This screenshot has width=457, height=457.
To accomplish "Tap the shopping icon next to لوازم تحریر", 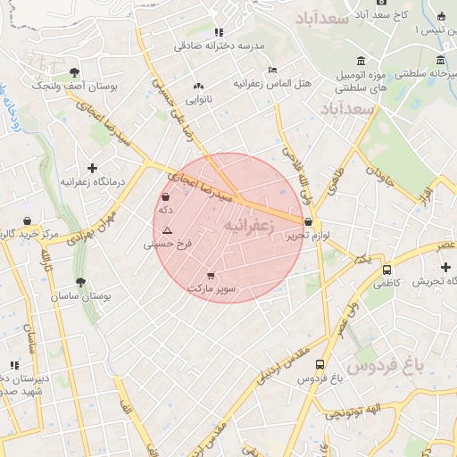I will pos(309,222).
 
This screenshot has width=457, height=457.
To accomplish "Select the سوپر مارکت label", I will pos(212,288).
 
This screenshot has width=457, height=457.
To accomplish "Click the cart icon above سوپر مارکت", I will pos(211,276).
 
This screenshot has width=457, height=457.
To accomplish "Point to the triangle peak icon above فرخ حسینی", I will pos(166,230).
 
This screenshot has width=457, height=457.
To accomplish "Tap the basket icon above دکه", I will pos(166,197).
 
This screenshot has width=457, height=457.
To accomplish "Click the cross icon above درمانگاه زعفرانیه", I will pos(92,168).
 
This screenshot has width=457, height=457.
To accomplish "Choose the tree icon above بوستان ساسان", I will pos(80,282).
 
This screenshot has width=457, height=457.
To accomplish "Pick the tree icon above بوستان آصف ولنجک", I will pos(73,72).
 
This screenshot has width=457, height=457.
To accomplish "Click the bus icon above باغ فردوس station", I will pos(320,364).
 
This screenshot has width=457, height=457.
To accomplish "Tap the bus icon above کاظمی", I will pos(386,269).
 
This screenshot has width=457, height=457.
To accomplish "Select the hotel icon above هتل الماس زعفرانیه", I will pos(272,70).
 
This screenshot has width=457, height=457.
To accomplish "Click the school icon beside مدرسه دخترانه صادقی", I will pos(219,32).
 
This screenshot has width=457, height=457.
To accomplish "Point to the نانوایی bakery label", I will pos(198,99).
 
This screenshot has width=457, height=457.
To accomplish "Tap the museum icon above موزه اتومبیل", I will pos(361,61).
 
